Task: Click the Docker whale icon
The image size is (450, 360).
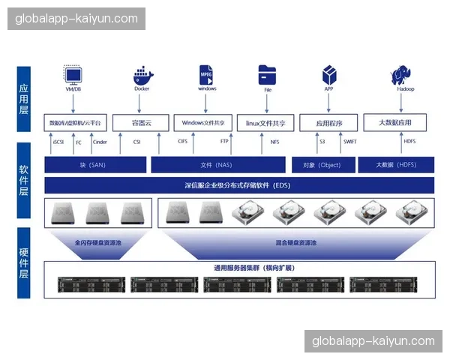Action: (142, 76)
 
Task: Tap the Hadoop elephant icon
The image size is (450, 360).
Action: (404, 76)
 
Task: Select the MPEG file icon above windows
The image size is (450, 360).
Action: (206, 74)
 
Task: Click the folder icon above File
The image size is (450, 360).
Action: (268, 74)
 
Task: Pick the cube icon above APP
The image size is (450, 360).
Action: (328, 74)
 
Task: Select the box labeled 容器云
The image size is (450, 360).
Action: (141, 122)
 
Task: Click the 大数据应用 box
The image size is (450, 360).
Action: (395, 122)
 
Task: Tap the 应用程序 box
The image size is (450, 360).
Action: (328, 123)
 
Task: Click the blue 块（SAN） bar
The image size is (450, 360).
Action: (94, 165)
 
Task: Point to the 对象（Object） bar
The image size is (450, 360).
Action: (322, 165)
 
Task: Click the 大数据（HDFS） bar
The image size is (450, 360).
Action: (395, 165)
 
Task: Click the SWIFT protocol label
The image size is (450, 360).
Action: (350, 142)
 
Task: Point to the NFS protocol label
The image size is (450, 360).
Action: (275, 142)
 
